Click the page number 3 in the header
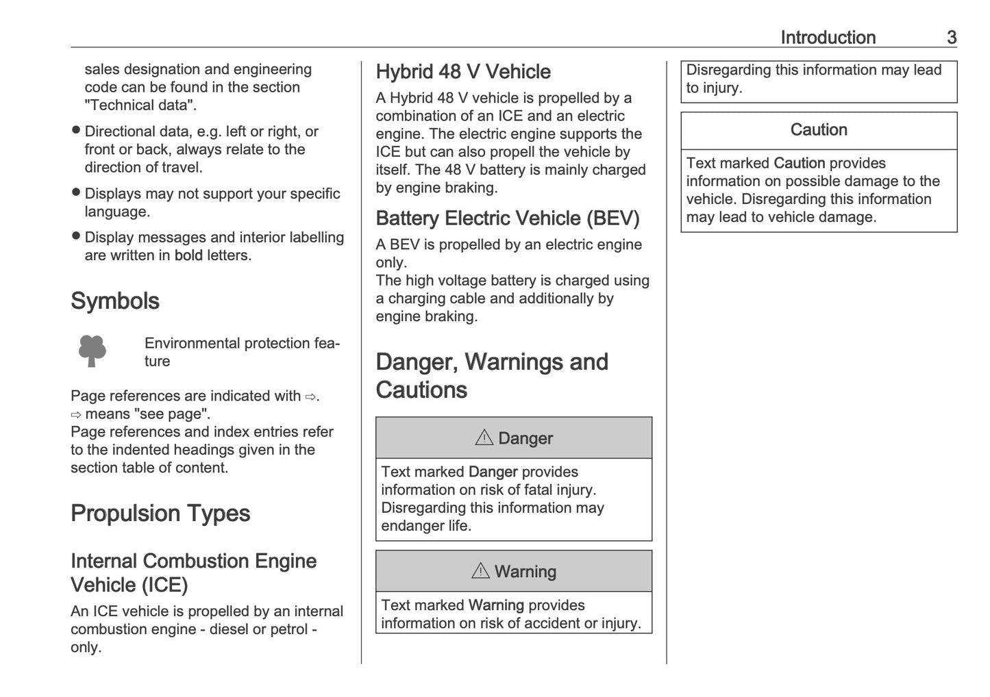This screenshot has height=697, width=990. tap(951, 38)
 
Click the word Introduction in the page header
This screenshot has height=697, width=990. tap(828, 38)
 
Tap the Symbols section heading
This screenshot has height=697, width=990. tap(115, 301)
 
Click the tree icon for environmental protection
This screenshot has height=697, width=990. tap(92, 351)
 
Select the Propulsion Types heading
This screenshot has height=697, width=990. tap(160, 514)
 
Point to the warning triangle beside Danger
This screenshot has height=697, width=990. tap(484, 438)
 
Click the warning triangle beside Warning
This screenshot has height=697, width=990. tap(480, 570)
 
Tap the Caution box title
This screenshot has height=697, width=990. tap(818, 130)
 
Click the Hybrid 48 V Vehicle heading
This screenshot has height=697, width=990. tap(463, 72)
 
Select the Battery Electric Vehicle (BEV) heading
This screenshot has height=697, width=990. tap(508, 218)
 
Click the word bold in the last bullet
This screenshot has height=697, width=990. tap(188, 255)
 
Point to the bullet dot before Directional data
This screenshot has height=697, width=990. tap(76, 130)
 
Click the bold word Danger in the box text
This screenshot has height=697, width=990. tap(493, 472)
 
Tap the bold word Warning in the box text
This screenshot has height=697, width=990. tap(496, 605)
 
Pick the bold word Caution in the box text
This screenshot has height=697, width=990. tap(799, 163)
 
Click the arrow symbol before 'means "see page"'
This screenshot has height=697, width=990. tap(76, 414)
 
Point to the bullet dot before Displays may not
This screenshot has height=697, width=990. tap(76, 192)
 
